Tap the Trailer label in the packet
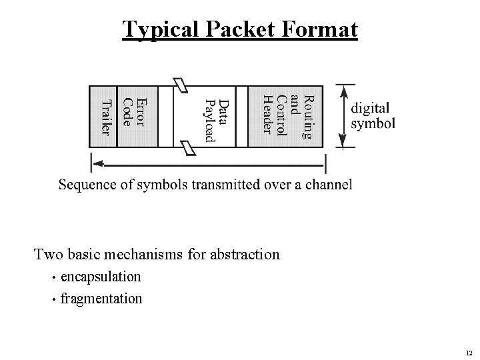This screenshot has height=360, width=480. click(x=105, y=117)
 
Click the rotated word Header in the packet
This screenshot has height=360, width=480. click(x=267, y=114)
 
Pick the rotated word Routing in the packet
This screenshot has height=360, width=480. click(x=307, y=117)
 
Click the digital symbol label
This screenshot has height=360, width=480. click(x=373, y=115)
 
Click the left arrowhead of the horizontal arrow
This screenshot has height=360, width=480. click(x=97, y=162)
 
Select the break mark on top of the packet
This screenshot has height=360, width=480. click(x=181, y=85)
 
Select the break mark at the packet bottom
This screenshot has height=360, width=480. click(x=189, y=147)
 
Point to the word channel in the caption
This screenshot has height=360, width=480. click(x=329, y=185)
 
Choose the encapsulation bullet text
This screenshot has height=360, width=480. click(x=101, y=276)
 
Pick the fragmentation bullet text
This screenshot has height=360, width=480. click(x=101, y=298)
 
